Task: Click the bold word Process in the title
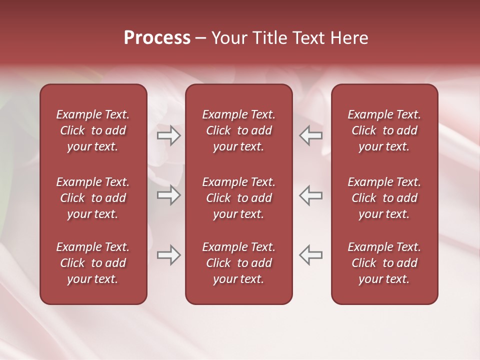click(157, 38)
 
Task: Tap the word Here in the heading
click(348, 38)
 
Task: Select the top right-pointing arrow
click(169, 135)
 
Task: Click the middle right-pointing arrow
click(169, 195)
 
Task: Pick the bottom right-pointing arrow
click(169, 255)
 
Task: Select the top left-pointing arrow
click(311, 135)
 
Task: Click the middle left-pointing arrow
click(311, 195)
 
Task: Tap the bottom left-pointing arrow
click(311, 255)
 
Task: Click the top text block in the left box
click(93, 130)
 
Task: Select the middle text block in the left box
click(93, 198)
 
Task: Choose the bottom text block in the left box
click(93, 263)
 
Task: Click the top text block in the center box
click(238, 130)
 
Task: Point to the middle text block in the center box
click(238, 198)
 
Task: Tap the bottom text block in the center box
click(238, 263)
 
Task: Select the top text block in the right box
click(384, 130)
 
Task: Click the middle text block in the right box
click(384, 198)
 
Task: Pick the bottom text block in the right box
click(384, 263)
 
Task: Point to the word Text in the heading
click(310, 38)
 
